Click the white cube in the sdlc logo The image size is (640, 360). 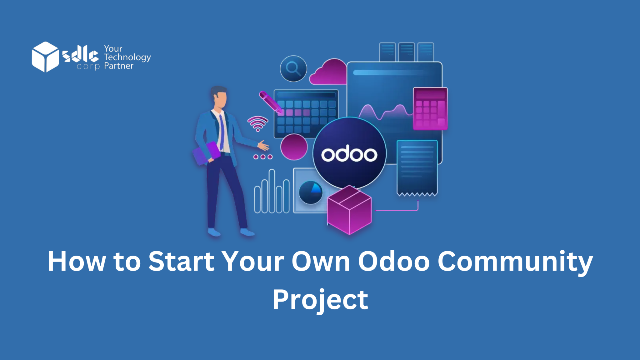[x=45, y=57]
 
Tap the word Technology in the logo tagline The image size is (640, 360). [x=127, y=57]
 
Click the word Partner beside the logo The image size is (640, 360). [x=118, y=66]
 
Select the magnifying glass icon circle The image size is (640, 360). [x=293, y=68]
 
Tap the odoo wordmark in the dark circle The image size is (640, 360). [x=349, y=154]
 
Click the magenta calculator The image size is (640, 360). [x=430, y=108]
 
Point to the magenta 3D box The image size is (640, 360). [x=349, y=210]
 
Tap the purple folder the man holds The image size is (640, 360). [x=206, y=153]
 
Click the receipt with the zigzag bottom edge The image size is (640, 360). [x=417, y=167]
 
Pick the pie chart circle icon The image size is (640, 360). [x=310, y=192]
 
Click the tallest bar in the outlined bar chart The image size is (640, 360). [x=272, y=191]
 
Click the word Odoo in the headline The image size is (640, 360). [x=394, y=261]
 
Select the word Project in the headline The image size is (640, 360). [x=320, y=300]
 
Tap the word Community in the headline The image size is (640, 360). [x=515, y=261]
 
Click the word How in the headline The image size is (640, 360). [x=77, y=261]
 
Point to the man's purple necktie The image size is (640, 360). [x=222, y=131]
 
